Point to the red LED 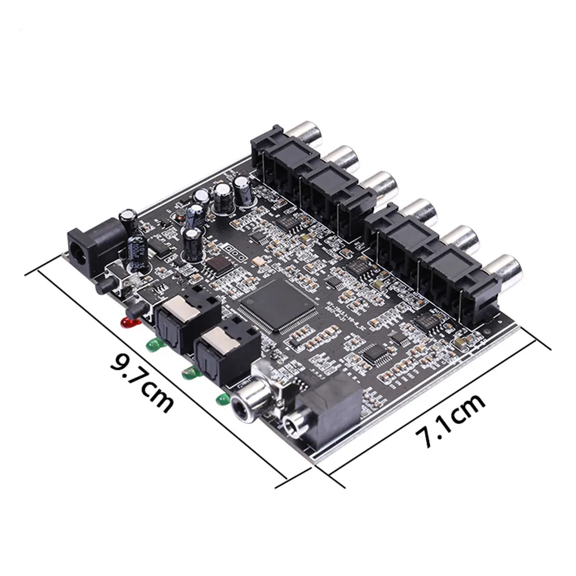tap(130, 321)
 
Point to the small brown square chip tap(218, 264)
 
